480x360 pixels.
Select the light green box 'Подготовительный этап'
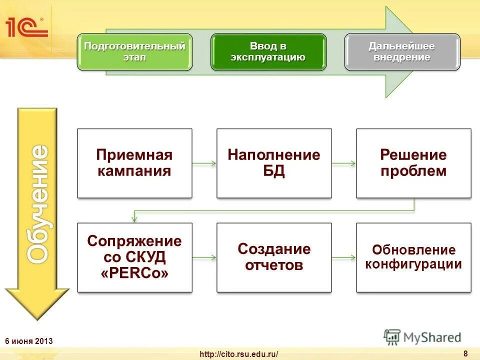pos(134,51)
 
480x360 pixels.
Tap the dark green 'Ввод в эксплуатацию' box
pos(268,51)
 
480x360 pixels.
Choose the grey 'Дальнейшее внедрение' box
pos(402,51)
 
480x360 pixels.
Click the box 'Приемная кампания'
pos(134,163)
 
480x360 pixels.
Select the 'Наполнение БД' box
pos(273,163)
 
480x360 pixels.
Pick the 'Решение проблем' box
pos(413,163)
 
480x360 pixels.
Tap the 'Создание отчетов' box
pos(273,257)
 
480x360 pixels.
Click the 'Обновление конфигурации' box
pos(413,257)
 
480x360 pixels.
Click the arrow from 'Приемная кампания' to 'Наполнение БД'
pos(204,163)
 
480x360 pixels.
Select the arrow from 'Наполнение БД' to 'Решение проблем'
pos(343,163)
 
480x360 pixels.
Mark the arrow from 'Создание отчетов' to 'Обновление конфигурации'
pos(343,257)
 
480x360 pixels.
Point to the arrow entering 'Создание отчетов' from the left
pos(204,257)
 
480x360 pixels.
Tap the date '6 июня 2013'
pos(28,341)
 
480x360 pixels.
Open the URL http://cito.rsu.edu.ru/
pos(238,354)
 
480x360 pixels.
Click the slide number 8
pos(465,353)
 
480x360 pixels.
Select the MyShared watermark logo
pos(422,337)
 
